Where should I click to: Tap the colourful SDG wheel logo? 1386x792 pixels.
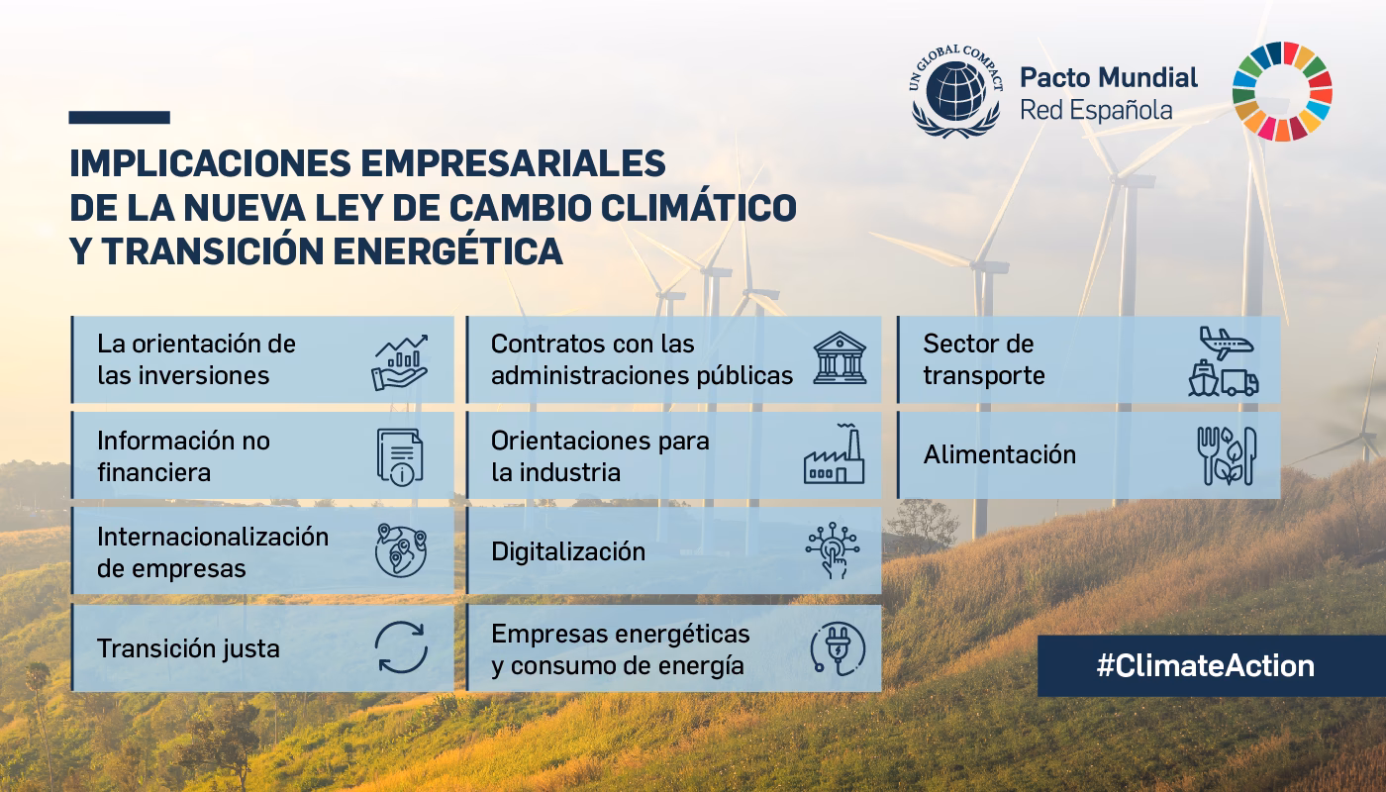pyautogui.click(x=1282, y=92)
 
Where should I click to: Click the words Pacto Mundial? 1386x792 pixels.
pyautogui.click(x=1108, y=77)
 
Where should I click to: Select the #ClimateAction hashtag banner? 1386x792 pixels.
pyautogui.click(x=1205, y=665)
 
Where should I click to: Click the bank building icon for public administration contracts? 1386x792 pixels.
pyautogui.click(x=840, y=358)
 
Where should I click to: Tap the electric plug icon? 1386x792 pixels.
pyautogui.click(x=838, y=648)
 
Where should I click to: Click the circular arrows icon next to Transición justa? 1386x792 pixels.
pyautogui.click(x=401, y=648)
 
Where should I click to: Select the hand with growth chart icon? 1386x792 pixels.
pyautogui.click(x=400, y=361)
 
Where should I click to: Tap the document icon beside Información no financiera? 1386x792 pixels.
pyautogui.click(x=400, y=455)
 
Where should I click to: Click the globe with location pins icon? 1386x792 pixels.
pyautogui.click(x=401, y=551)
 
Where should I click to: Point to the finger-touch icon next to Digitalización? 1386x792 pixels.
pyautogui.click(x=833, y=551)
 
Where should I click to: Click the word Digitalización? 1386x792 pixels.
pyautogui.click(x=568, y=551)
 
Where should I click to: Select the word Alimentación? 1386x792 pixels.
pyautogui.click(x=999, y=455)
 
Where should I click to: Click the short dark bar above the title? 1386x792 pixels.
pyautogui.click(x=119, y=117)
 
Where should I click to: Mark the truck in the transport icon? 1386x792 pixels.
pyautogui.click(x=1239, y=383)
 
